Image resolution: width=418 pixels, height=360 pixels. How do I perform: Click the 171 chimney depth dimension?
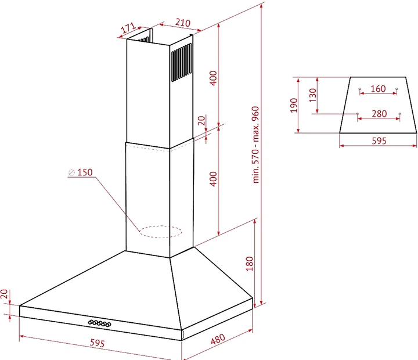(128, 28)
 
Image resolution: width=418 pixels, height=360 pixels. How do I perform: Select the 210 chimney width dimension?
(183, 23)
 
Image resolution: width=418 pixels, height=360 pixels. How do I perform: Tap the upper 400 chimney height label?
(213, 78)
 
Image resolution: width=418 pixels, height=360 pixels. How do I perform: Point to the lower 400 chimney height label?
(213, 179)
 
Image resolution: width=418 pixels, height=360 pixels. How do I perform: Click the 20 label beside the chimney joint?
(202, 121)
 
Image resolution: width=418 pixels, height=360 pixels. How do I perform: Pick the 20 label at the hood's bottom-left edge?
(4, 294)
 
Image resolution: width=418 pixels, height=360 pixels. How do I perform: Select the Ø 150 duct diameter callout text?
(81, 172)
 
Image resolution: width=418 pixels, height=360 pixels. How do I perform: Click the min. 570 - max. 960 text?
(255, 145)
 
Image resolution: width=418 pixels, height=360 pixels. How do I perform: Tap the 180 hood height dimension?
(249, 264)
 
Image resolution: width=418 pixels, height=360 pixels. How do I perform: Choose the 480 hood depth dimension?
(218, 339)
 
